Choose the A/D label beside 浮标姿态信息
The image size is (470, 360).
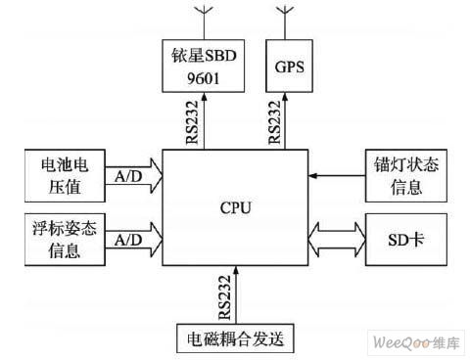pyautogui.click(x=127, y=240)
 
